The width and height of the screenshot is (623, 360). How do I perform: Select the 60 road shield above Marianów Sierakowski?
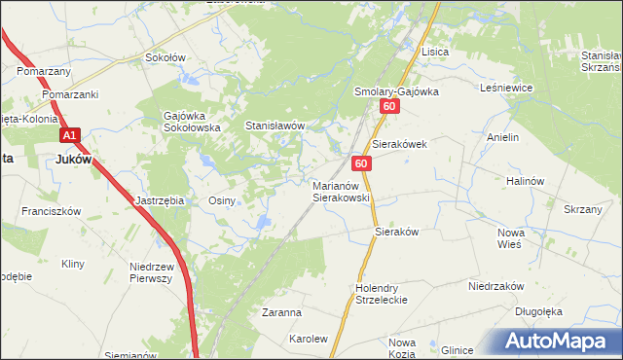coord(361,165)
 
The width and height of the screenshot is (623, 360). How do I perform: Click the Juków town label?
coord(70,162)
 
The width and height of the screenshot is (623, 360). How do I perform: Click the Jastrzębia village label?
coord(159,200)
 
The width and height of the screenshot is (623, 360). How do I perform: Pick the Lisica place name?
coord(433,52)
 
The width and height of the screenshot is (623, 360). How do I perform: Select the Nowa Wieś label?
coord(510,238)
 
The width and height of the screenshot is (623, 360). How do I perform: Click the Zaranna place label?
coord(281,313)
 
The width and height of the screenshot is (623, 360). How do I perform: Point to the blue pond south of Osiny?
coord(262,225)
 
